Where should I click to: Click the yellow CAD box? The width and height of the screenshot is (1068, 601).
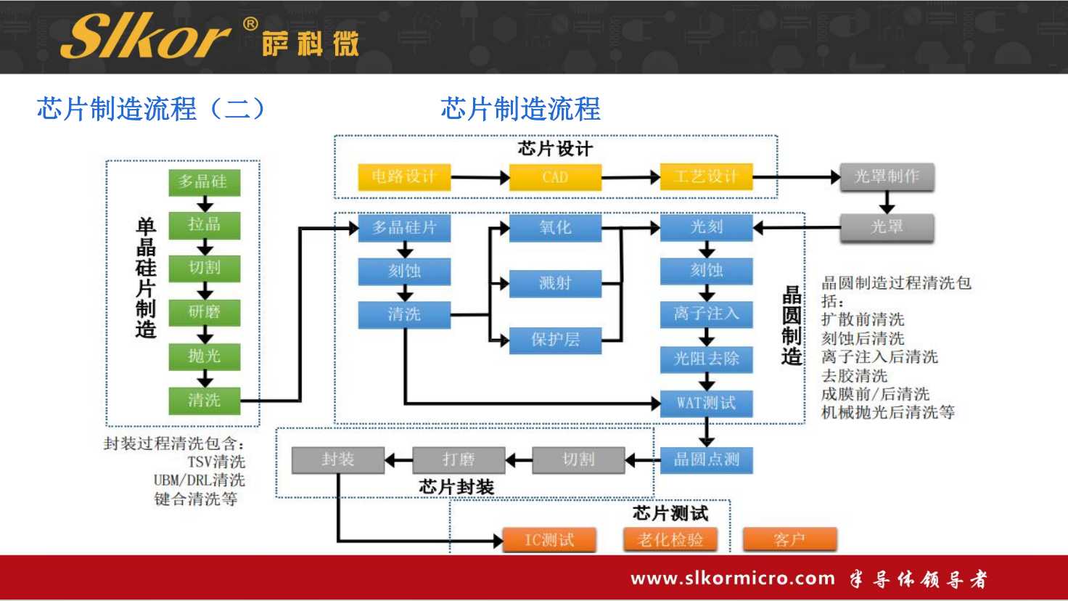pyautogui.click(x=555, y=177)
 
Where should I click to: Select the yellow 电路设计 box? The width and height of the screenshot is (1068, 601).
pyautogui.click(x=404, y=177)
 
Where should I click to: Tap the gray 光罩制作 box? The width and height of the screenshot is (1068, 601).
pyautogui.click(x=887, y=176)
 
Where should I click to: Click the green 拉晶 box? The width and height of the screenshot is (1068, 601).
pyautogui.click(x=205, y=224)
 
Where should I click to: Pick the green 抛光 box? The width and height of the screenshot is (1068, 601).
pyautogui.click(x=205, y=356)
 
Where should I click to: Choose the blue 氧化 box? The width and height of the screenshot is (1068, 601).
pyautogui.click(x=555, y=228)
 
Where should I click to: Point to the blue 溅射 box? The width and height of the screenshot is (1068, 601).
pyautogui.click(x=555, y=283)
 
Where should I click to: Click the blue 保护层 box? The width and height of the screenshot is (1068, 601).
pyautogui.click(x=555, y=340)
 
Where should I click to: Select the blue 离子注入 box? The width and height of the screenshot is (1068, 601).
pyautogui.click(x=706, y=314)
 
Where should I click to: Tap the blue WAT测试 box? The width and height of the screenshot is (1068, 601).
pyautogui.click(x=706, y=403)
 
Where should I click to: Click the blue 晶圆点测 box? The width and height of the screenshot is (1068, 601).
pyautogui.click(x=706, y=459)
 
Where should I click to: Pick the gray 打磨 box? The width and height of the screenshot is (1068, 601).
pyautogui.click(x=459, y=459)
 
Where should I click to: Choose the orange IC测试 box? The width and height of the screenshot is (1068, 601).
pyautogui.click(x=549, y=540)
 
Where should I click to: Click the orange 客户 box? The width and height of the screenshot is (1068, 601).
pyautogui.click(x=789, y=540)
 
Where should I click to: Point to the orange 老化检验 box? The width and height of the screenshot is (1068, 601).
pyautogui.click(x=670, y=540)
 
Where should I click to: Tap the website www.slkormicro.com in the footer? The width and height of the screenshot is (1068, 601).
pyautogui.click(x=733, y=578)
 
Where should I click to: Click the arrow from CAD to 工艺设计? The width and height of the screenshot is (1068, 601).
pyautogui.click(x=630, y=177)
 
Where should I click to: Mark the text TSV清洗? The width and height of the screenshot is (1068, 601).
pyautogui.click(x=216, y=462)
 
